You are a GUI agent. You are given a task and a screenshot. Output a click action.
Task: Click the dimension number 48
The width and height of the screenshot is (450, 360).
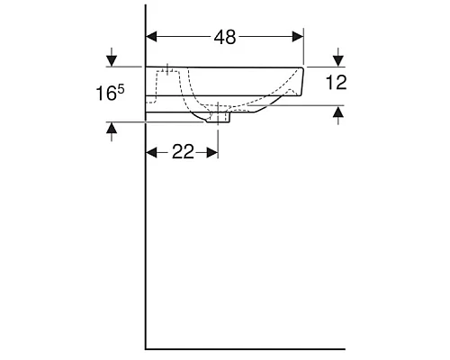point(224,37)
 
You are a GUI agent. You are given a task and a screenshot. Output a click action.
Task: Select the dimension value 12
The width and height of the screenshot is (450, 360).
point(336,83)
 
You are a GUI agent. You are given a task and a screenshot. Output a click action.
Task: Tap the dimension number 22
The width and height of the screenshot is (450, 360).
point(183,152)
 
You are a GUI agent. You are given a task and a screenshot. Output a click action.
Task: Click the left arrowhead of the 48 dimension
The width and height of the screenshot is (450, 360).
point(152,37)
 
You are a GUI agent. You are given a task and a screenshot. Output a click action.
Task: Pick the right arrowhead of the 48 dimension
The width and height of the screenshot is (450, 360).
point(298,37)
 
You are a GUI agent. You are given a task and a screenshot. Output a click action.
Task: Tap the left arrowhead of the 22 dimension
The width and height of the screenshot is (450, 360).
point(152,152)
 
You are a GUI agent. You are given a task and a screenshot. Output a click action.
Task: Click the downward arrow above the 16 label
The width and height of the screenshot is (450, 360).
point(111,60)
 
